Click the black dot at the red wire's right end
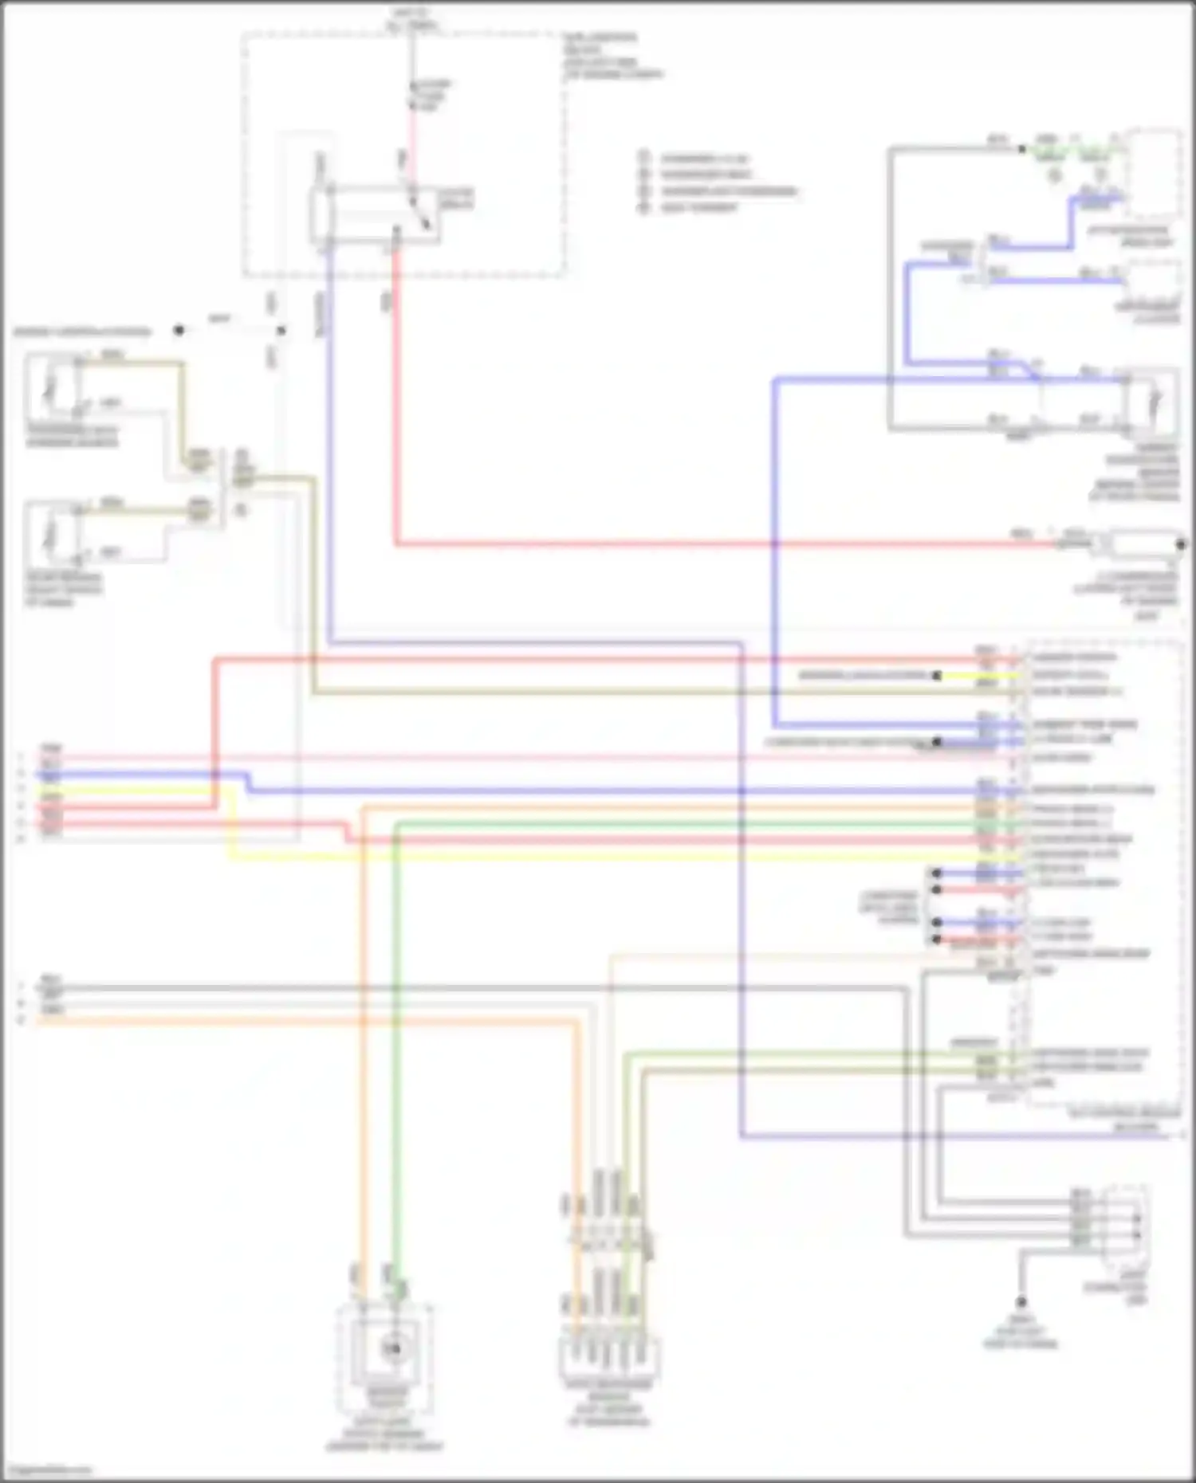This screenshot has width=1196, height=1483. click(x=1181, y=544)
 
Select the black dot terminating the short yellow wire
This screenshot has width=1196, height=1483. click(x=937, y=676)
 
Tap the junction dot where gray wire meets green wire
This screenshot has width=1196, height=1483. click(x=1022, y=149)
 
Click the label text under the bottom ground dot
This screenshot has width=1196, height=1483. click(x=1021, y=1331)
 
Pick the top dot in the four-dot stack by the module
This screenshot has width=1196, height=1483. click(x=937, y=873)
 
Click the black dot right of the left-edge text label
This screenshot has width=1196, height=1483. click(x=179, y=331)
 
